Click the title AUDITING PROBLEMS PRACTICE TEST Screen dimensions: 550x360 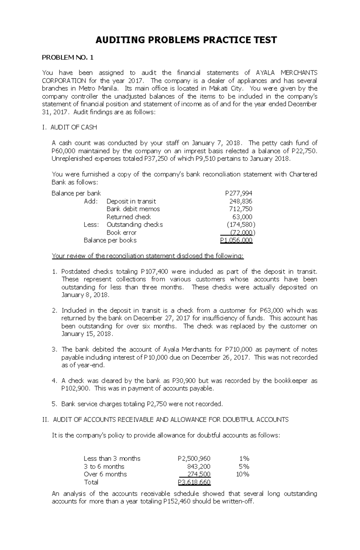[x=186, y=40]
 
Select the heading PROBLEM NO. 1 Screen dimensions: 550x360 [x=68, y=58]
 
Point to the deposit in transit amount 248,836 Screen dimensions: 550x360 [x=241, y=201]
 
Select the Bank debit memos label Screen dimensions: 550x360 [x=133, y=209]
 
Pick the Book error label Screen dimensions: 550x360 [x=121, y=232]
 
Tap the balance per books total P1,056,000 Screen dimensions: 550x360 [x=236, y=240]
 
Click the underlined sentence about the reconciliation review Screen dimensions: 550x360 [x=148, y=256]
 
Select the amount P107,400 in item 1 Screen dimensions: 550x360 [x=154, y=272]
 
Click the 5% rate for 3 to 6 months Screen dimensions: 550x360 [x=244, y=466]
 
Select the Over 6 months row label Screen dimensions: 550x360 [x=105, y=474]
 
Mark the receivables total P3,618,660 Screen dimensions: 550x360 [x=194, y=482]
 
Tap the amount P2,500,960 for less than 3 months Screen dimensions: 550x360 [x=194, y=459]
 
